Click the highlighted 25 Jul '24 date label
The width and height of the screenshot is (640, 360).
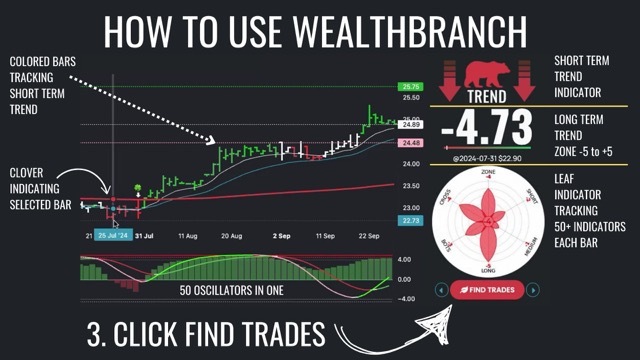coord(113,236)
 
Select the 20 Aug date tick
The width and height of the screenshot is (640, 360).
coord(231,236)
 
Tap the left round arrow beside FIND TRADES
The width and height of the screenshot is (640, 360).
coord(441,290)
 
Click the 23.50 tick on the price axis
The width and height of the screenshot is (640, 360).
coord(410,186)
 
